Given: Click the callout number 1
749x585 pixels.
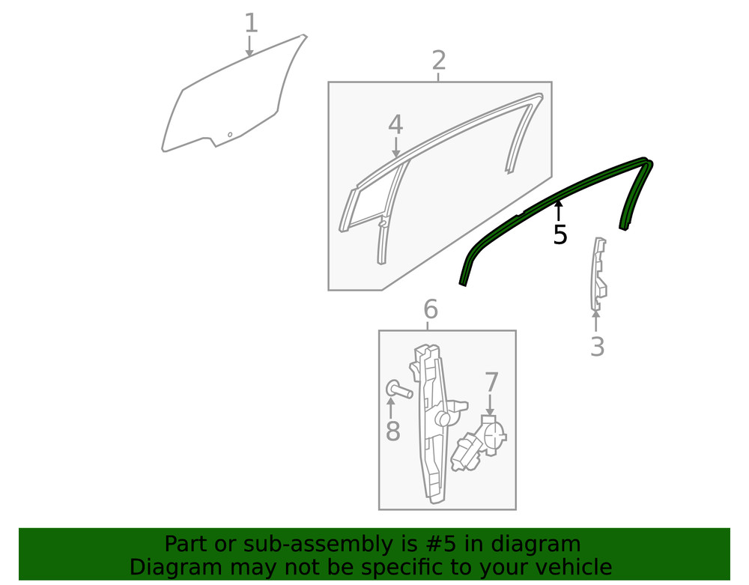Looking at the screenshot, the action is coord(251,23).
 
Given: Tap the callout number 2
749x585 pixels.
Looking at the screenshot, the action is coord(438,60).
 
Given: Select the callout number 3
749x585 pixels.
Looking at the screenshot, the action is coord(597,347).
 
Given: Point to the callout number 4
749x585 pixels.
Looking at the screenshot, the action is coord(395,124).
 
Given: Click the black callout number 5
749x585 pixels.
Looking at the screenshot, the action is coord(560,234).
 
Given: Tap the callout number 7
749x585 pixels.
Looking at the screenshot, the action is coord(491,382).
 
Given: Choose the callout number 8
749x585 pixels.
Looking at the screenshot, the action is coord(392,431).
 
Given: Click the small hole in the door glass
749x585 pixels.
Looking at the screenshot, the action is coord(230,135).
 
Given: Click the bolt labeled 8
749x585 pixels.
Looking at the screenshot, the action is coord(399,390).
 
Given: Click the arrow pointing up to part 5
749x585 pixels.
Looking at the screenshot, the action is coord(557,211).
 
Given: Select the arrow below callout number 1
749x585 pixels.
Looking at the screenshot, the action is coord(249,46).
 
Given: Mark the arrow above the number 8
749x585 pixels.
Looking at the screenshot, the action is coord(391,409).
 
